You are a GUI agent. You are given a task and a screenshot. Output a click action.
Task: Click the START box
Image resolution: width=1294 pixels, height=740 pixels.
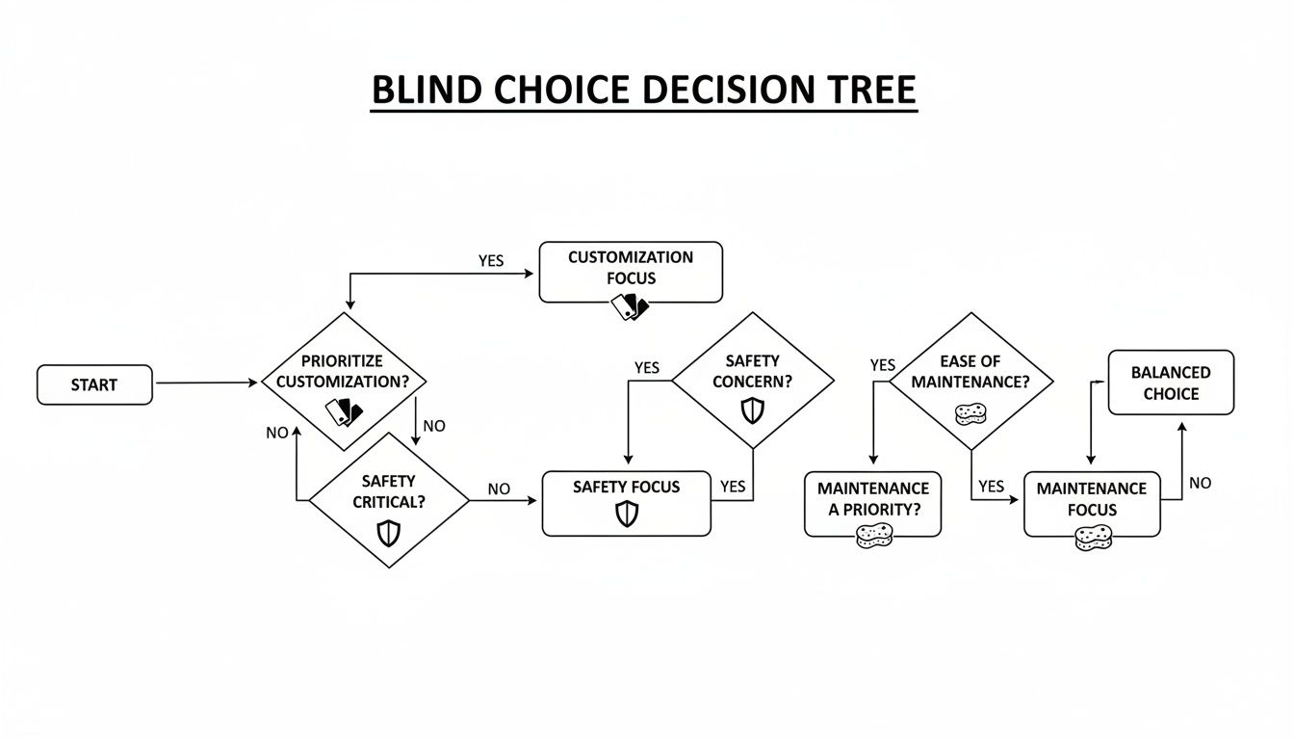coord(94,384)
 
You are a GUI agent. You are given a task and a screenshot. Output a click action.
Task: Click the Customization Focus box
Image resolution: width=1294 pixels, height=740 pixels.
coord(630,271)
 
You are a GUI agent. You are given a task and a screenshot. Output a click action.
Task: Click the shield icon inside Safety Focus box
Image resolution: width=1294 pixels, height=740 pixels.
coord(627,515)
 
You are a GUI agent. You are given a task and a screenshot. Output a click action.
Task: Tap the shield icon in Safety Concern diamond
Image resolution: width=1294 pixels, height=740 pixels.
coord(752,411)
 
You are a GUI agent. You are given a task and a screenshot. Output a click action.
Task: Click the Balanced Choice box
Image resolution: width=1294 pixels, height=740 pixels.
coord(1171,383)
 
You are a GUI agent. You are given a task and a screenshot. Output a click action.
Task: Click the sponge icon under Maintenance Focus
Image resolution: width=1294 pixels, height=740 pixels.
coord(1092,538)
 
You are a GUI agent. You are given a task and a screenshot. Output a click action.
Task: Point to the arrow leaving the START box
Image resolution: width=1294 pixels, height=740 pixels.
coord(206,383)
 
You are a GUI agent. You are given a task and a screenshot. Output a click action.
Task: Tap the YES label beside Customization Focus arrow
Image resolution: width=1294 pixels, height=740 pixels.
coord(491,261)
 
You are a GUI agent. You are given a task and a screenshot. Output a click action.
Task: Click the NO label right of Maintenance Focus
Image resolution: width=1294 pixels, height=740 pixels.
coord(1200,483)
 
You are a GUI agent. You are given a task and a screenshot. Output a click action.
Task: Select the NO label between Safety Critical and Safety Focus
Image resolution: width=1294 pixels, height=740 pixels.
coord(499,489)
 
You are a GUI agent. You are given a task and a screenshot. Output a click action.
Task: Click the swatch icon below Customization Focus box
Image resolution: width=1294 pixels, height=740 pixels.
coord(631,306)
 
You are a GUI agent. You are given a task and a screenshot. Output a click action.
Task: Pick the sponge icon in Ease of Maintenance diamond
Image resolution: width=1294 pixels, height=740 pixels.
coord(970,414)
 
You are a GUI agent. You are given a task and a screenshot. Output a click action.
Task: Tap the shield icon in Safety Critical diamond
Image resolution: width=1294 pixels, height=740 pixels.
coord(388,533)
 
